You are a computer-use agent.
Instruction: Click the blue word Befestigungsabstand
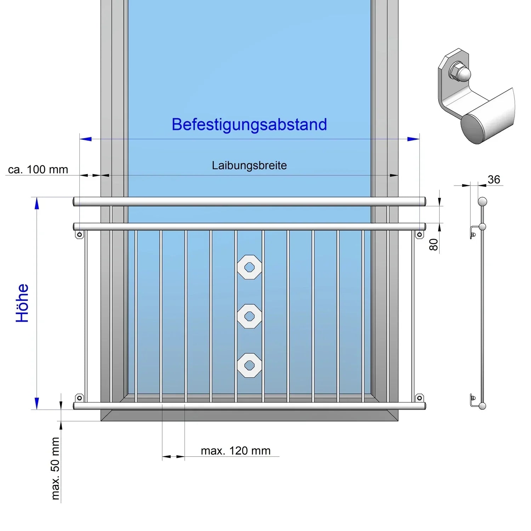click(249, 125)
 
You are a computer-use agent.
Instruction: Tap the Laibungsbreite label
click(249, 165)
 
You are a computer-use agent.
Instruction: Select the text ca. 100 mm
click(38, 170)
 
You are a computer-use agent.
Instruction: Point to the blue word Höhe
click(22, 303)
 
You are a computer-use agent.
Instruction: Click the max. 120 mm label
click(235, 451)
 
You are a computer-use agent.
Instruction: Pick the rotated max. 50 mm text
click(56, 468)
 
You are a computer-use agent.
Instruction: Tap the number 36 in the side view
click(494, 179)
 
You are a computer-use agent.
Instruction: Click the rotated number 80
click(434, 245)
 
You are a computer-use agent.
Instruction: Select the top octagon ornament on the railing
click(249, 267)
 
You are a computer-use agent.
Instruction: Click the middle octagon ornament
click(249, 316)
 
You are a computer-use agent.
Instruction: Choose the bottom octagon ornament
click(249, 365)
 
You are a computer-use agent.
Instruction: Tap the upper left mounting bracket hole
click(80, 234)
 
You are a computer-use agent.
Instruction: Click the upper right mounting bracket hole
click(419, 234)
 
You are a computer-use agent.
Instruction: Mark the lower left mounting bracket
click(80, 398)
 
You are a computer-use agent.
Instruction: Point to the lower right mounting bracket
click(419, 398)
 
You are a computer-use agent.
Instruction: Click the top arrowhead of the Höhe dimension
click(36, 204)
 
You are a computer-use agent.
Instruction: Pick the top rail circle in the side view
click(482, 202)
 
